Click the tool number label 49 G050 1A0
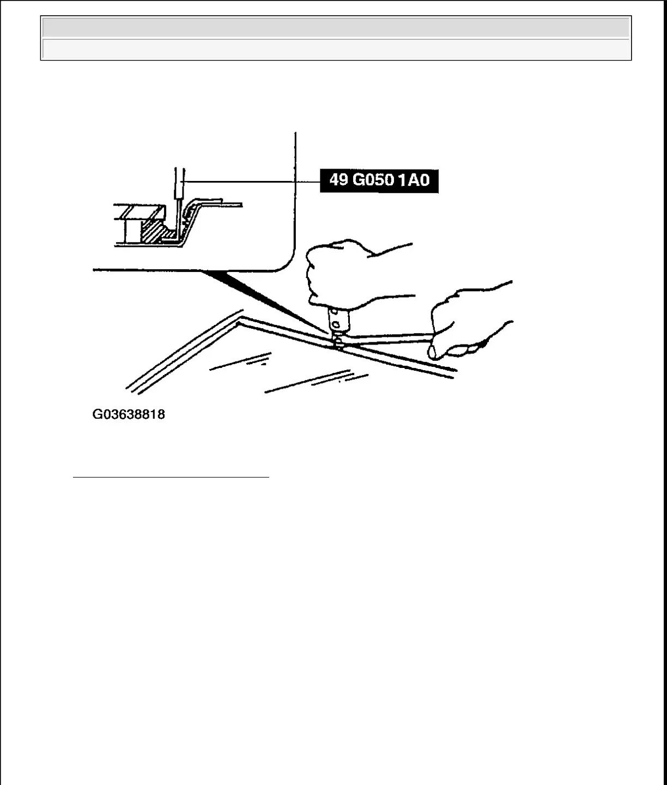tap(379, 180)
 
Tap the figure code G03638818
tap(129, 415)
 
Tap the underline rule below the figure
tap(171, 478)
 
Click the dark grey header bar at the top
tap(336, 27)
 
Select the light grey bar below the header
tap(336, 49)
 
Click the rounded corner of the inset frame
tap(286, 262)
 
